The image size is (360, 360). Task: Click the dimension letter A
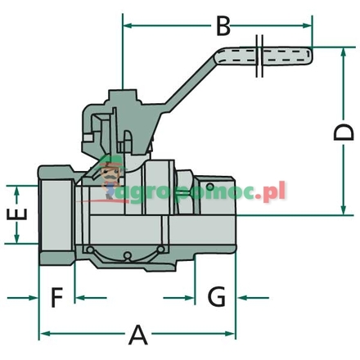pyautogui.click(x=139, y=333)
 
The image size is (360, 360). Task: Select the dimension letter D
pyautogui.click(x=346, y=131)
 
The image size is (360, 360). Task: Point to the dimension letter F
pyautogui.click(x=56, y=295)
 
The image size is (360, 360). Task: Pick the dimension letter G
pyautogui.click(x=215, y=295)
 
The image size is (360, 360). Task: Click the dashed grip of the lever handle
pyautogui.click(x=286, y=57)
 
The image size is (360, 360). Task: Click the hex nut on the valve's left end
pyautogui.click(x=57, y=214)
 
